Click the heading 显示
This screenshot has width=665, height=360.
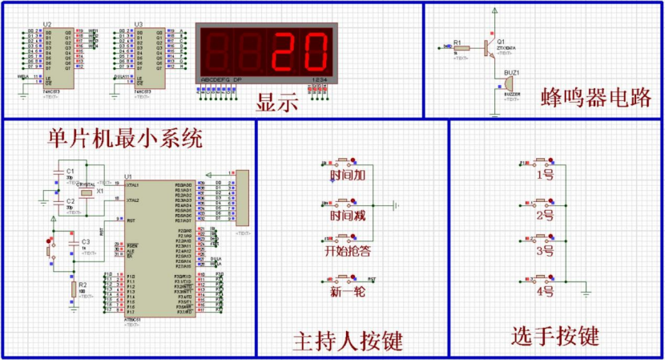pyautogui.click(x=276, y=103)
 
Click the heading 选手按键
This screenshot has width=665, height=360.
pyautogui.click(x=555, y=337)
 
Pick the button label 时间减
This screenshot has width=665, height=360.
pyautogui.click(x=348, y=216)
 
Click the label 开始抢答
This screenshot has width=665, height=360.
pyautogui.click(x=348, y=252)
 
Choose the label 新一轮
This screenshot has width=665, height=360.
pyautogui.click(x=348, y=292)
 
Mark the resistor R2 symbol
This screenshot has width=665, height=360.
pyautogui.click(x=73, y=288)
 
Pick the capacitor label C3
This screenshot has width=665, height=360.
pyautogui.click(x=86, y=241)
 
